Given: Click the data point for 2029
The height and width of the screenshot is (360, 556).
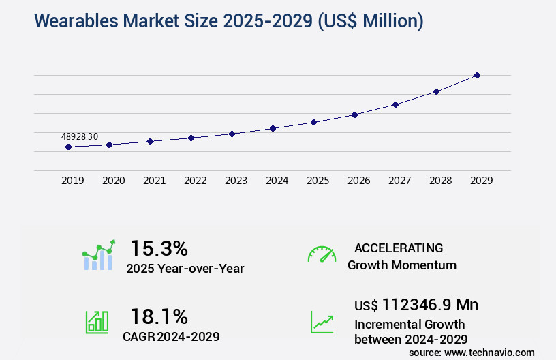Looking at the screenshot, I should coord(477,75).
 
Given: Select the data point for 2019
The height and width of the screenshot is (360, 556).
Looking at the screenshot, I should coord(68,147).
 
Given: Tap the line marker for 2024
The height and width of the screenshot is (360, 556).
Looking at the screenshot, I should coord(273,128).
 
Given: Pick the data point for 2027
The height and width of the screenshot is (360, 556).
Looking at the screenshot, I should coord(395,104).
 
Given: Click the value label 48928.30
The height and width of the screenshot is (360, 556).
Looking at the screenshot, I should coord(79,136).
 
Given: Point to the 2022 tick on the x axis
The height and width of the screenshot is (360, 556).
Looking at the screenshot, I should coord(195,181).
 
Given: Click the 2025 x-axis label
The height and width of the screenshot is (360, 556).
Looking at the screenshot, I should coord(318,181).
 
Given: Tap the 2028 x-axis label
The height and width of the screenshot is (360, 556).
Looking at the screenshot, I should coord(440,181).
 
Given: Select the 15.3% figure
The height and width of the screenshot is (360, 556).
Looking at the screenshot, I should coord(159,248).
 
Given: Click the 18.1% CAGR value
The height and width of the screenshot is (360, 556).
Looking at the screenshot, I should coord(159,316).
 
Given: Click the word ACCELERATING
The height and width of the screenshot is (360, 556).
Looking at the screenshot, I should coord(399,247).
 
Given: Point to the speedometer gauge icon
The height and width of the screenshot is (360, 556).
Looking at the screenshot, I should coord(322,254).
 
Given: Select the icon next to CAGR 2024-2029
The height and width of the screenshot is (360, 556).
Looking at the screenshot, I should coord(97,322).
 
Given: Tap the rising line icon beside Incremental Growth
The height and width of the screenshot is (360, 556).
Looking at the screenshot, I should coord(322,322).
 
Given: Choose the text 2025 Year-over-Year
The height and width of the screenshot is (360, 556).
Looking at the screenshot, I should coord(185,269).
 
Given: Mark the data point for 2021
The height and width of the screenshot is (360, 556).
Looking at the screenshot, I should coord(150,141).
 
